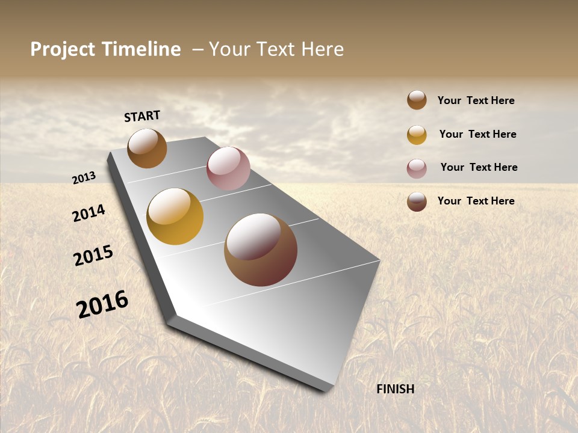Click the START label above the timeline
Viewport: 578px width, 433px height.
pos(142,116)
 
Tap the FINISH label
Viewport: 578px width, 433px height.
pos(396,389)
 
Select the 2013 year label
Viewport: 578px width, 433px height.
pos(84,178)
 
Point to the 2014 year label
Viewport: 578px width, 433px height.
pos(89,213)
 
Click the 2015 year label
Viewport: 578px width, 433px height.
pos(93,255)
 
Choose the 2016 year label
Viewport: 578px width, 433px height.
pos(102,304)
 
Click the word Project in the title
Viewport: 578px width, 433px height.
pos(63,49)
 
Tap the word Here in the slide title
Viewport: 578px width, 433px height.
pos(322,49)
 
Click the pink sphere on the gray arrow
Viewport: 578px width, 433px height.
pos(228,168)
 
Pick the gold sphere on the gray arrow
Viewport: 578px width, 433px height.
pos(175,216)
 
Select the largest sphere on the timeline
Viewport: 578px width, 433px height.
pos(261,250)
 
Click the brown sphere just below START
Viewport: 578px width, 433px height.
pos(147,148)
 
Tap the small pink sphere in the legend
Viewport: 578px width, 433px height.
pos(417,168)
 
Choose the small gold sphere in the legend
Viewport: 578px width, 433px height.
pos(417,135)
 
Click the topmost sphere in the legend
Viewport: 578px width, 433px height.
pos(417,100)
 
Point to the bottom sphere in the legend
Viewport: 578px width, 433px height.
pos(417,201)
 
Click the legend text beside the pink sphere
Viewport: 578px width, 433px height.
pos(479,167)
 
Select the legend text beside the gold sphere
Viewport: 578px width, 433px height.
pos(477,134)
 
